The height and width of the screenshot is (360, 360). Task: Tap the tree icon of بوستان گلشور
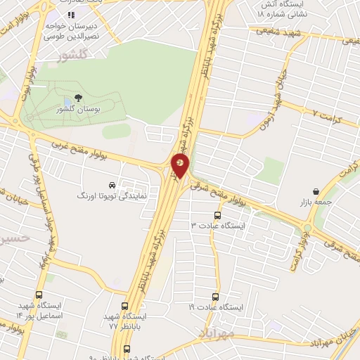click(77, 99)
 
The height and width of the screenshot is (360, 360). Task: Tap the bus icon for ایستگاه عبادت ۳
click(217, 215)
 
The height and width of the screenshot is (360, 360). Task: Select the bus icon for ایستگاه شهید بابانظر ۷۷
click(125, 307)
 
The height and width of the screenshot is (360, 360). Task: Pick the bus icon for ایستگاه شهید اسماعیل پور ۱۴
click(39, 297)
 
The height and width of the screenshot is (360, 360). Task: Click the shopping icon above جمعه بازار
click(316, 191)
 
